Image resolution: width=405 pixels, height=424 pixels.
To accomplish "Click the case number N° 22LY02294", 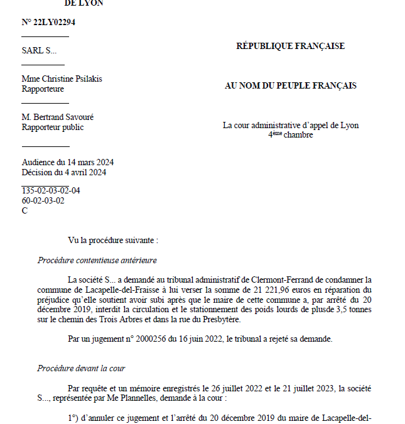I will click(x=49, y=22).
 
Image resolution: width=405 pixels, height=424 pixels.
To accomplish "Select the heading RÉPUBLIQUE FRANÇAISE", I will click(x=290, y=46).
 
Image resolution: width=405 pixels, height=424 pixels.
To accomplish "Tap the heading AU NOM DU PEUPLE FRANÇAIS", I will click(x=290, y=85).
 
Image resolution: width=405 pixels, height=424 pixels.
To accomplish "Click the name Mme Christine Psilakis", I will click(x=62, y=79).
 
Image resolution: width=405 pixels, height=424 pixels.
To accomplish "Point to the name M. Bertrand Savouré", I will click(x=58, y=117).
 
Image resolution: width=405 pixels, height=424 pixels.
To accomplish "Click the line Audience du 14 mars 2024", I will click(x=67, y=162).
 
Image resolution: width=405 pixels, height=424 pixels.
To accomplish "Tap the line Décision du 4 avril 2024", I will click(x=63, y=172).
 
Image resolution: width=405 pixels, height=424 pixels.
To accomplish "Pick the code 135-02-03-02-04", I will click(x=51, y=190).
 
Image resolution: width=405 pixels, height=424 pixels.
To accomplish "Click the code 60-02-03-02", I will click(x=43, y=200).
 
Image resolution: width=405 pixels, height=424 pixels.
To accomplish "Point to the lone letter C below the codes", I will click(x=25, y=210).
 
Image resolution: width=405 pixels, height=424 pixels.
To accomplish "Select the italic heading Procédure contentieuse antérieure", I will click(x=97, y=259).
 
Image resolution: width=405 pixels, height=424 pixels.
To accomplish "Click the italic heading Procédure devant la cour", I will click(x=82, y=368).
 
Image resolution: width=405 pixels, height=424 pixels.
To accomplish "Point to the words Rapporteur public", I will click(x=53, y=127).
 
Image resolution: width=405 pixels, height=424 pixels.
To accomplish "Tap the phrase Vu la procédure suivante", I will click(x=113, y=240).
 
